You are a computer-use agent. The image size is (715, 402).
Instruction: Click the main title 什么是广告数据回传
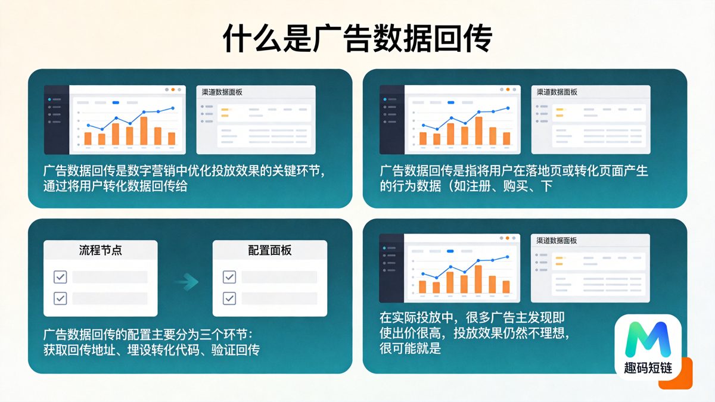coord(357,39)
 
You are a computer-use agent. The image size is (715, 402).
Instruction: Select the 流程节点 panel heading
coord(101,251)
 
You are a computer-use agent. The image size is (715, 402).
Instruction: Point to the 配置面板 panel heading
coord(269,251)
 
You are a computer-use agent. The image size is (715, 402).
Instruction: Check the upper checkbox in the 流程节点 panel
coord(60,277)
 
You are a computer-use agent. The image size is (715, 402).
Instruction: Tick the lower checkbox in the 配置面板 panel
coord(229,298)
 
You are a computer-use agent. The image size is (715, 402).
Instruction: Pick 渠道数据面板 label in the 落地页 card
coord(557,92)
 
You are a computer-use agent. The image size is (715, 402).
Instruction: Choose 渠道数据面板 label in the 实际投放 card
coord(557,241)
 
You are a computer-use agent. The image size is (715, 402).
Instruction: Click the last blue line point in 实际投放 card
coord(507,257)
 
